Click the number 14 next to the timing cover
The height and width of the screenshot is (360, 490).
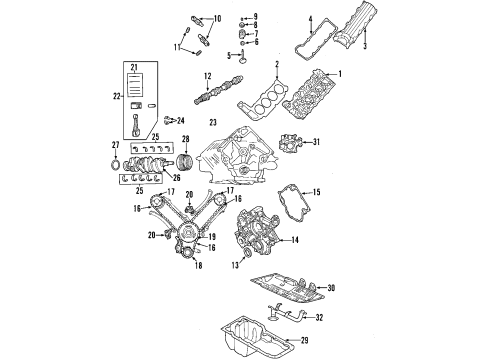point(295,239)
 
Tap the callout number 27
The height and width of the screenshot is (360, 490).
point(116,146)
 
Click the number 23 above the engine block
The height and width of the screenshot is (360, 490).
point(212,121)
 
